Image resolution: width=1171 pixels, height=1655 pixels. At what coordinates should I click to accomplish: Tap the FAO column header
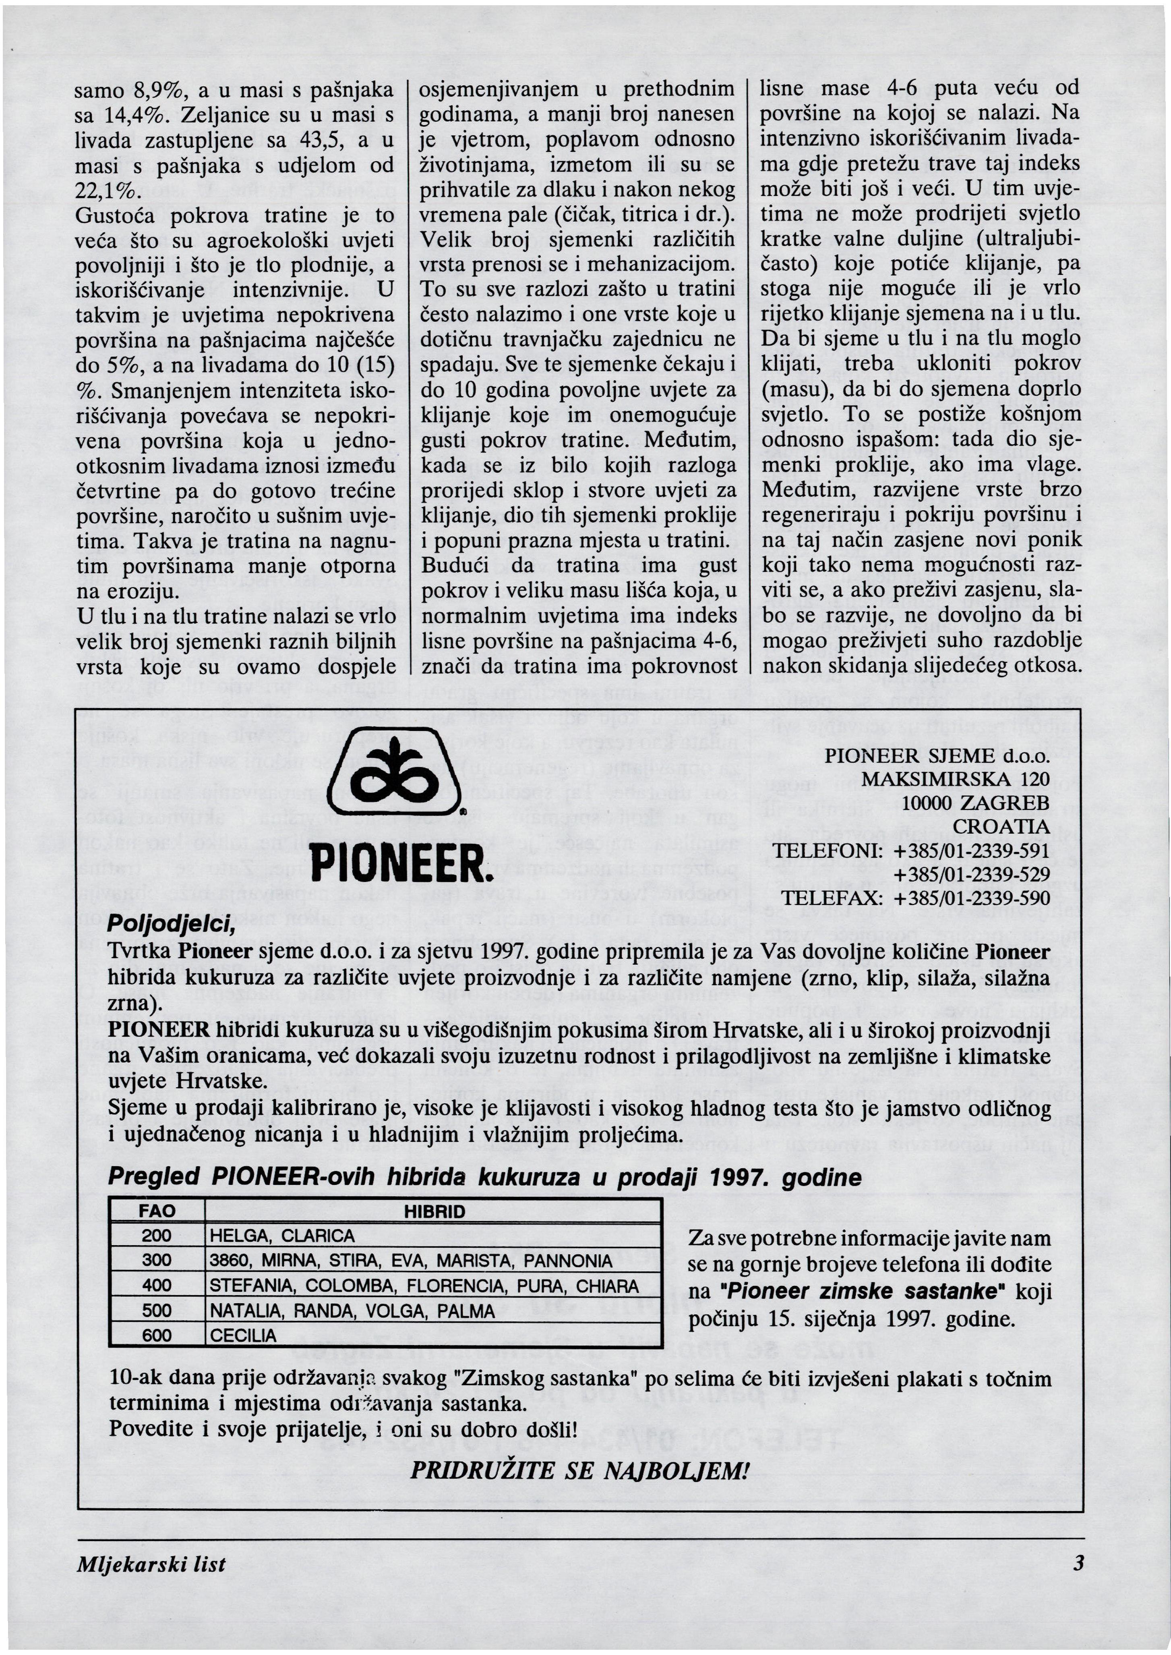(x=157, y=1211)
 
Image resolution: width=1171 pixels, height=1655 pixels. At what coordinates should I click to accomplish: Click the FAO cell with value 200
(x=157, y=1236)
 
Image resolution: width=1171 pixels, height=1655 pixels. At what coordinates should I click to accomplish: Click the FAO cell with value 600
(x=157, y=1336)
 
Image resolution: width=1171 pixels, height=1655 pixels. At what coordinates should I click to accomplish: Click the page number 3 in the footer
(x=1078, y=1564)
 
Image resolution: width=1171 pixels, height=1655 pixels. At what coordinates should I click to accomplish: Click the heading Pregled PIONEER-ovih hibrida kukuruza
(x=484, y=1178)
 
